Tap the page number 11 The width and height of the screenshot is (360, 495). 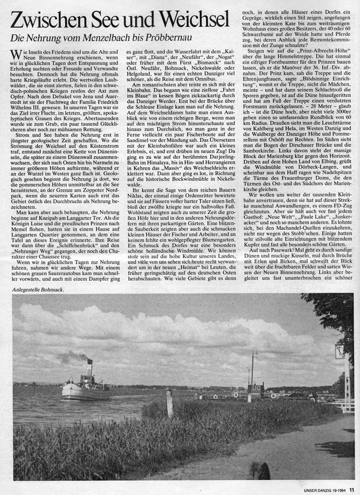[352, 490]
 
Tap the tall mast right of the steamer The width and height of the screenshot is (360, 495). [252, 374]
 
